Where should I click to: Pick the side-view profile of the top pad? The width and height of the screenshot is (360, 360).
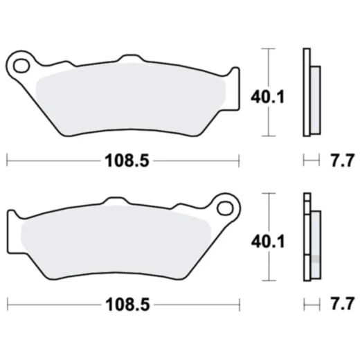[x=310, y=93]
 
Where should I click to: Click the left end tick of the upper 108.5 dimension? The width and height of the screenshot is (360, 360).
[x=6, y=161]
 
